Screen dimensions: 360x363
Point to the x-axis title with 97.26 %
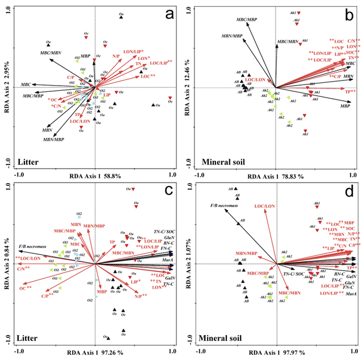94,353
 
